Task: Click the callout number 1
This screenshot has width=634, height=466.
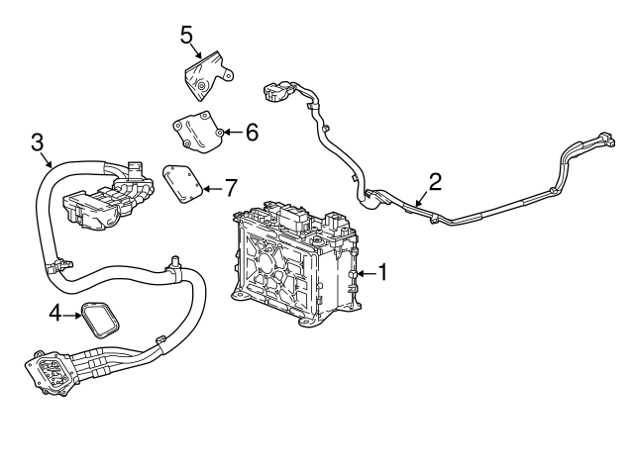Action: point(382,272)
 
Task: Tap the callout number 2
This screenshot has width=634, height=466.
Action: point(435,182)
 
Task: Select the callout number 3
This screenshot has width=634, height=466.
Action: point(38,142)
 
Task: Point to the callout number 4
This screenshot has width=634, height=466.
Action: point(55,313)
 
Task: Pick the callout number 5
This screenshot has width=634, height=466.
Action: point(186,35)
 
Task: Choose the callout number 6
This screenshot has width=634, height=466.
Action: point(252,132)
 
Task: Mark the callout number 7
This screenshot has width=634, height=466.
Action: point(230,188)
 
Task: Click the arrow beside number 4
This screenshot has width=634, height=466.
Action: point(71,315)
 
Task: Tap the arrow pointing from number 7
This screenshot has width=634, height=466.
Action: point(212,189)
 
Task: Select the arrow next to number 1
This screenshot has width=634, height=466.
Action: point(366,274)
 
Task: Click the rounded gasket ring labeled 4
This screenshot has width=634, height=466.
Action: point(101,319)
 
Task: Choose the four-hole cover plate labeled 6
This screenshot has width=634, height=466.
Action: point(198,132)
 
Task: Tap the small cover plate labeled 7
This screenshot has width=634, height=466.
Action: point(181,183)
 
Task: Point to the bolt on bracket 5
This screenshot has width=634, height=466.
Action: point(201,86)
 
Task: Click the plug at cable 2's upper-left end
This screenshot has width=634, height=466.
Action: point(277,92)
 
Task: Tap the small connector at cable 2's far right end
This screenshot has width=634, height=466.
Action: point(607,139)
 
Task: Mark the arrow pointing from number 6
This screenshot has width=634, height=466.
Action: point(234,132)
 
